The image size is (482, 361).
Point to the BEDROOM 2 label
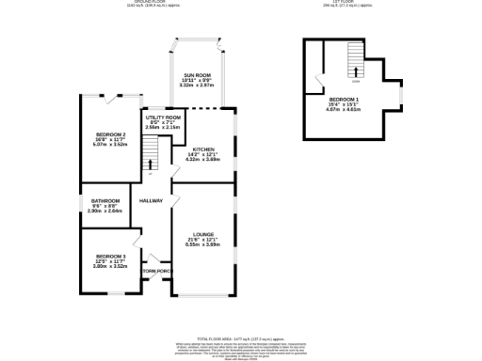[110, 134]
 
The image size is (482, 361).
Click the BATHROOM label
[105, 200]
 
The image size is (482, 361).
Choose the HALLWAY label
[152, 200]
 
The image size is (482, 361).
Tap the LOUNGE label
[203, 234]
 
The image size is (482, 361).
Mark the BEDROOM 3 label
[110, 256]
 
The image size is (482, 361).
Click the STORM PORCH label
[155, 272]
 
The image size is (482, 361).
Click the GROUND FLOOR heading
[153, 2]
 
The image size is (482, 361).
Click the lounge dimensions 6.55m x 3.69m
[203, 244]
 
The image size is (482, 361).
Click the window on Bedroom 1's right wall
[402, 96]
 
